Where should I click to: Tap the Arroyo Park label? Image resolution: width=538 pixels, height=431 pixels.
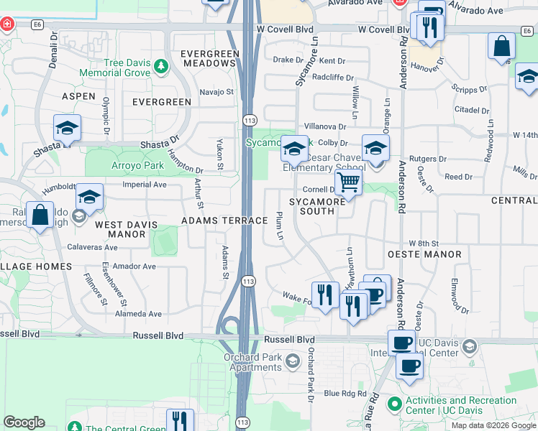[137, 165]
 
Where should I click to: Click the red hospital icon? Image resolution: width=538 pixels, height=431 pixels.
[7, 24]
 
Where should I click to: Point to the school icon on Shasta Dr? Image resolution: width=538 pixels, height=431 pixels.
[67, 129]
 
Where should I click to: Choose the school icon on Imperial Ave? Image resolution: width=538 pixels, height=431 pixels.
[89, 197]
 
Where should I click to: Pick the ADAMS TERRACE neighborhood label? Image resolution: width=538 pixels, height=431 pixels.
[224, 221]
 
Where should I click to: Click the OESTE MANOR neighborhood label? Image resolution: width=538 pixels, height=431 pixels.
[424, 254]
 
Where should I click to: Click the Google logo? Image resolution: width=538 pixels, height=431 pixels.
[24, 422]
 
